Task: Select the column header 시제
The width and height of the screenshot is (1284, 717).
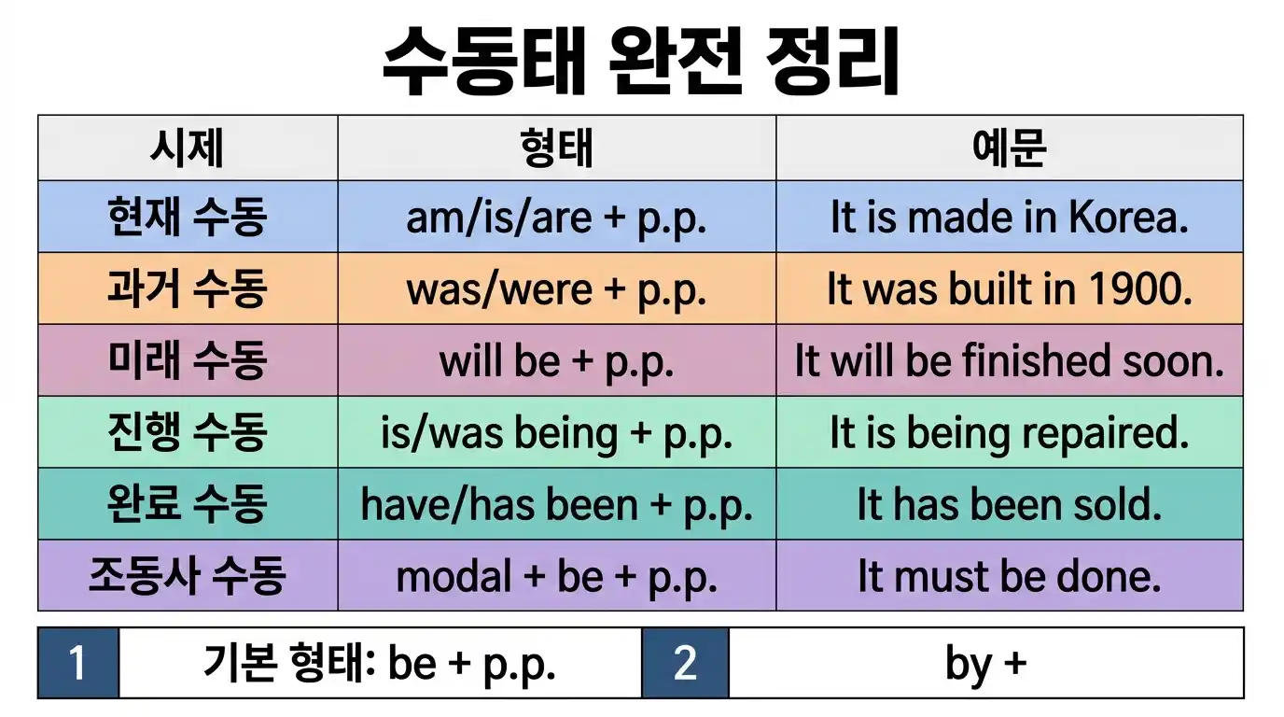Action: (x=187, y=148)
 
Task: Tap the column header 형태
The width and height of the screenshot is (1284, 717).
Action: (x=556, y=148)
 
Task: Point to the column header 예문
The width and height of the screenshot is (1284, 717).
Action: (x=1009, y=148)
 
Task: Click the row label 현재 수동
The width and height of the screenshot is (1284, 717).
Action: (x=187, y=218)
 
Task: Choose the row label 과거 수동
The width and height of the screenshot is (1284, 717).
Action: (x=187, y=289)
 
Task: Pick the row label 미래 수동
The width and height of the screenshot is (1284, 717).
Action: (x=187, y=361)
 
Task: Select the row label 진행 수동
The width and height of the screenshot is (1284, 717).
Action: (x=187, y=433)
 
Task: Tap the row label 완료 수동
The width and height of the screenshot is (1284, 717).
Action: (x=187, y=505)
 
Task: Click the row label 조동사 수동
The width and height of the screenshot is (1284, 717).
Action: (x=187, y=576)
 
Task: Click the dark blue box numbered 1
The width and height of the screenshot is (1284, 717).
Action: (x=78, y=663)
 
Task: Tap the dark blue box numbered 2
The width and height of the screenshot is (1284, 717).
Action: (x=685, y=663)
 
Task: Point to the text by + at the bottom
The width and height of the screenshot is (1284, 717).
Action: (x=984, y=664)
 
